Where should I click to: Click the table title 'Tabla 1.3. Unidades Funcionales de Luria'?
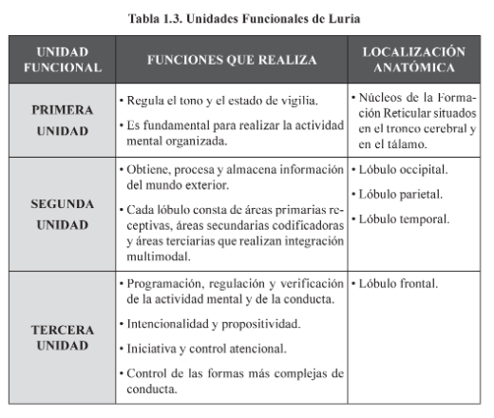coord(247,16)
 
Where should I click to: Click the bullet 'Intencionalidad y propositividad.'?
coord(210,324)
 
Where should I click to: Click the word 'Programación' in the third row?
coord(164,284)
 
